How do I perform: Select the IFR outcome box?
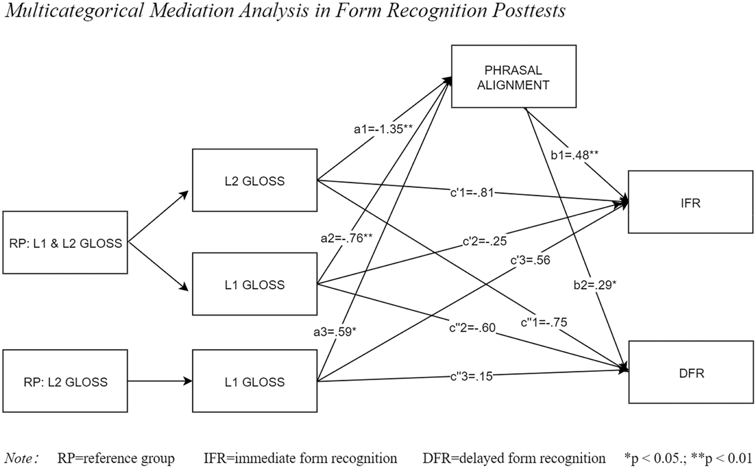[x=691, y=202]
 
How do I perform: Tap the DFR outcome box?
[x=691, y=373]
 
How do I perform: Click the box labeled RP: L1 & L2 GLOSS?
[x=66, y=243]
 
